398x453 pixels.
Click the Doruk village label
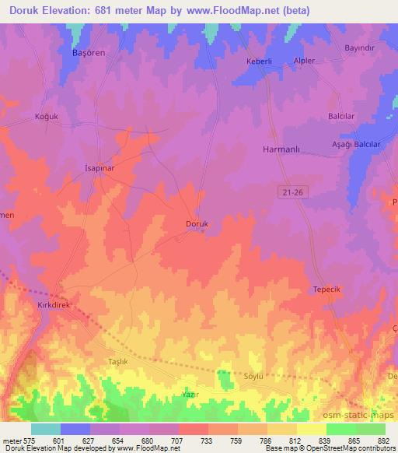tap(197, 224)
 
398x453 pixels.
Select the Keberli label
tap(260, 61)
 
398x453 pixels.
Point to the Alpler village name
tap(302, 61)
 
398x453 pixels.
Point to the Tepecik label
tap(327, 289)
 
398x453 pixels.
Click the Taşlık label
tap(118, 362)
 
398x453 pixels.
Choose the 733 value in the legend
tap(209, 442)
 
